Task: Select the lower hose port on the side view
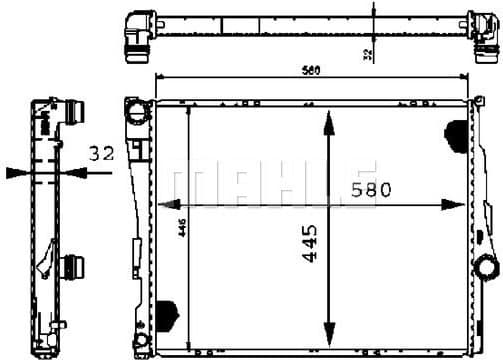71,268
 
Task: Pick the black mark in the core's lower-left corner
167,312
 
